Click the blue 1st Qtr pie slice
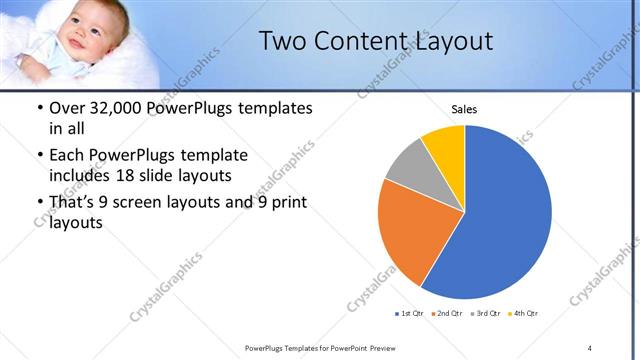coord(505,215)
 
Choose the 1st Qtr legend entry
coord(410,314)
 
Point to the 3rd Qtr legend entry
coord(486,314)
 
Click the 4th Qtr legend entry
coord(524,314)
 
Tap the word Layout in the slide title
coord(446,42)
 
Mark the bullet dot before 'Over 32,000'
coord(38,109)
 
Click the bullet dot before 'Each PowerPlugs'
coord(38,156)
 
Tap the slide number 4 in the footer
coord(590,347)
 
